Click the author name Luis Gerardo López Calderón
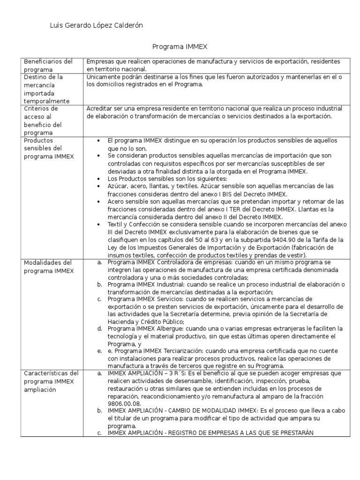tap(96, 26)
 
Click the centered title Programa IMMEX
tap(180, 47)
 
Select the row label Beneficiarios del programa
tap(48, 65)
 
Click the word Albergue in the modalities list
tap(172, 329)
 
